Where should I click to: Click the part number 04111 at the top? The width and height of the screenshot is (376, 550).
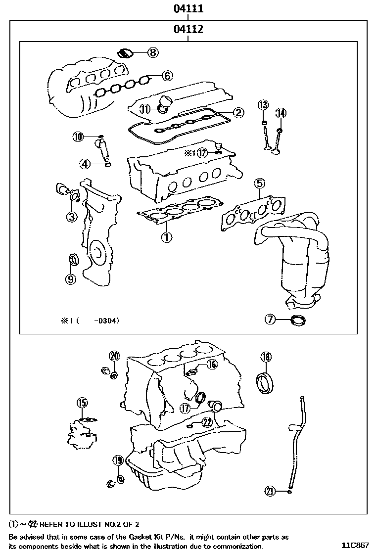coord(188,8)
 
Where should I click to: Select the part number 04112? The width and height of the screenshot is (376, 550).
coord(188,29)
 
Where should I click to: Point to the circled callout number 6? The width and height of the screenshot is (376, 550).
coord(167,76)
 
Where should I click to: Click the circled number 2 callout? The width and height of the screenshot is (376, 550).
coord(238,113)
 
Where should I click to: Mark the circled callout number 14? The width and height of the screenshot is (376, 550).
coord(281,113)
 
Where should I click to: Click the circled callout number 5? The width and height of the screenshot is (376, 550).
coord(260,183)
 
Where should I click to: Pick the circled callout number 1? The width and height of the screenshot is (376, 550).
coord(166,237)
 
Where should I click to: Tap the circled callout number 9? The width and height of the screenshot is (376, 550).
coord(71,279)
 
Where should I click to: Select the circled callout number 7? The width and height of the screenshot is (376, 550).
coord(270,320)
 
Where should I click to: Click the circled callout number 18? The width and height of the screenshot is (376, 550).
coord(266,357)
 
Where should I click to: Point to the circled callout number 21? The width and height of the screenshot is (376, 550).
coord(270,491)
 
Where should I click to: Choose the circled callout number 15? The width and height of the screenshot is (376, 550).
coord(82,402)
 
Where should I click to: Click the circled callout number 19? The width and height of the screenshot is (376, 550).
coord(117,460)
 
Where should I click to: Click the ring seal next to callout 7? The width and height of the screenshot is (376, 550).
coord(298,321)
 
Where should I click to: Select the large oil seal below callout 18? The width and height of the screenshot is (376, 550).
coord(265,384)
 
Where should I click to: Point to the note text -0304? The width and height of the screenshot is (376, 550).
coord(106,321)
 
